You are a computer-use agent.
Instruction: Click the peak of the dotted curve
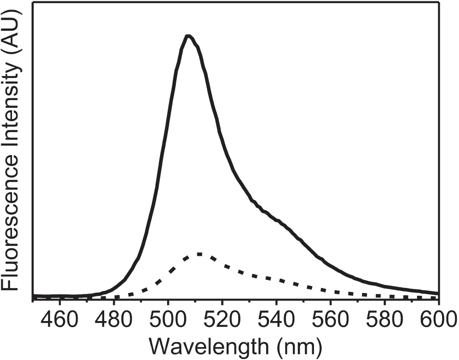pos(199,254)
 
